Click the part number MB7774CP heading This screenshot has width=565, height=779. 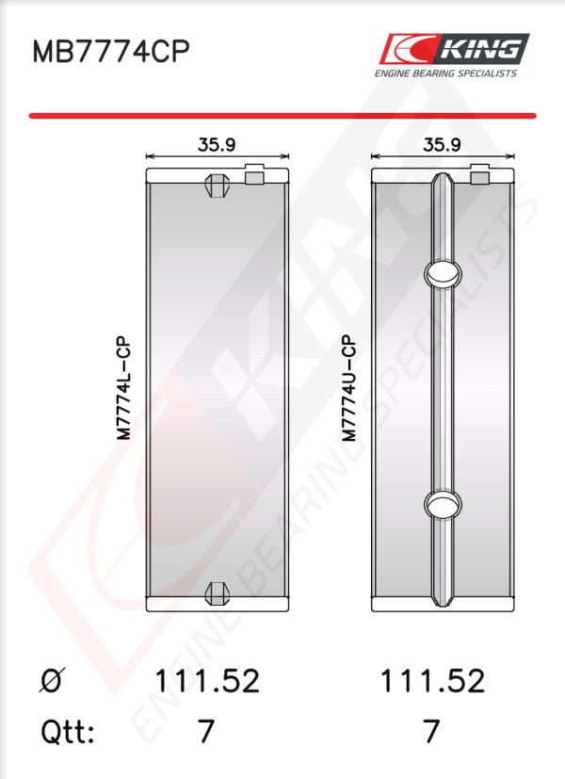tap(111, 51)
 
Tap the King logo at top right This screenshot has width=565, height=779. tap(454, 49)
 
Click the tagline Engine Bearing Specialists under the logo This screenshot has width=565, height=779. tap(445, 73)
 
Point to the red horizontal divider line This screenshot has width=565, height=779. tap(282, 116)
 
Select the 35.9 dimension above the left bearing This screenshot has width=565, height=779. tap(217, 144)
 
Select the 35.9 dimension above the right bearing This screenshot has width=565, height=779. tap(442, 144)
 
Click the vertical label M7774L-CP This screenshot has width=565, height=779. tap(123, 388)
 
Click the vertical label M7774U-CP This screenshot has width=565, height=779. tap(349, 388)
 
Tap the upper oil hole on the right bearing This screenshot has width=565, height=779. tap(443, 273)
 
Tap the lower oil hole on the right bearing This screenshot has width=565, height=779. tap(443, 504)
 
